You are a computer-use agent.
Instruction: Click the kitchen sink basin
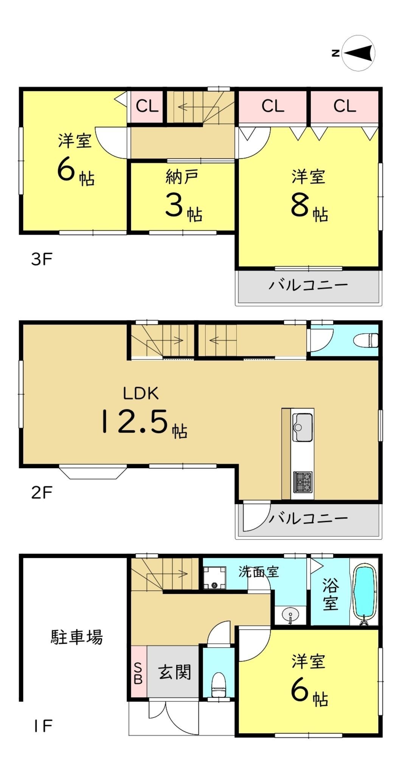pyautogui.click(x=303, y=427)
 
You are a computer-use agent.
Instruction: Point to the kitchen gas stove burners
pyautogui.click(x=303, y=482)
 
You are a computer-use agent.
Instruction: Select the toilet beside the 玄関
pyautogui.click(x=218, y=686)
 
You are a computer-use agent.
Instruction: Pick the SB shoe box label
pyautogui.click(x=138, y=673)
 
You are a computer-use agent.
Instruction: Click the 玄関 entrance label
pyautogui.click(x=175, y=672)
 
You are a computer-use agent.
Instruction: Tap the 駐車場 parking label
pyautogui.click(x=77, y=637)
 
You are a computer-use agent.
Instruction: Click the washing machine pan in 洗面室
pyautogui.click(x=214, y=578)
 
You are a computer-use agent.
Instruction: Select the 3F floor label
pyautogui.click(x=42, y=259)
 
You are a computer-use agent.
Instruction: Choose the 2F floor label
pyautogui.click(x=42, y=493)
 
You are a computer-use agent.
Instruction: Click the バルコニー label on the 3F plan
pyautogui.click(x=308, y=285)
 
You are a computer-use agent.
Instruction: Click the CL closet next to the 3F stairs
pyautogui.click(x=147, y=106)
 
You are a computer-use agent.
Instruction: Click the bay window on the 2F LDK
pyautogui.click(x=93, y=472)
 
